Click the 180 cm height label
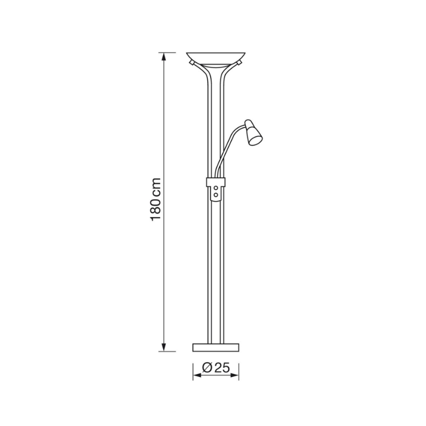coord(156,200)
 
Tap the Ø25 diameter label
coord(216,368)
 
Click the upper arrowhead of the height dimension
coord(163,57)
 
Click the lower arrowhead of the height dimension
coord(163,347)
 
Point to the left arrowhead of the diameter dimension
coord(197,375)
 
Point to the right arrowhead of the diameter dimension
coord(234,375)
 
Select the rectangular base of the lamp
coord(216,348)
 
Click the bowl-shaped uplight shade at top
coord(216,59)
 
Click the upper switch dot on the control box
coord(216,188)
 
